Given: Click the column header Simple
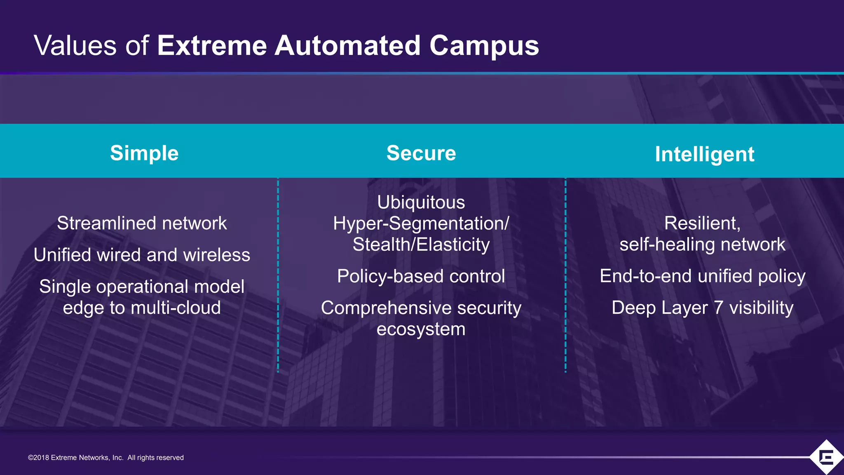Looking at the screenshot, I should point(144,153).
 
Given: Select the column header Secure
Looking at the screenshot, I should point(421,153).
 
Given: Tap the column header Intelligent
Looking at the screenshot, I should point(704,155).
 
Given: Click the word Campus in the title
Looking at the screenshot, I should point(484,46).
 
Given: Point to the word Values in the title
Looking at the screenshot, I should point(75,45).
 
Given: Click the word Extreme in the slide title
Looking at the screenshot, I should point(212,45).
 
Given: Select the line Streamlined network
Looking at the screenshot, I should point(142,223).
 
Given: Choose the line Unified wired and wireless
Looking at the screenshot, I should point(142,255).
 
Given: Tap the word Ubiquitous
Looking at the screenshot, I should point(421,202).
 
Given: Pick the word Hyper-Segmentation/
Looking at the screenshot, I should point(421,224).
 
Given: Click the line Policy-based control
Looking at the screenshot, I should point(421,276).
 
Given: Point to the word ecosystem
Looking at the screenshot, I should point(421,329).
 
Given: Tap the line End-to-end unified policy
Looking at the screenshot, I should point(702,276).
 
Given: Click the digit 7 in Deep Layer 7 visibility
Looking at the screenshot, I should point(718,308).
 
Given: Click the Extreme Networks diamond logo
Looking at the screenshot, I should point(826,457).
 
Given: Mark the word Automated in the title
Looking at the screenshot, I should point(347,45).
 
